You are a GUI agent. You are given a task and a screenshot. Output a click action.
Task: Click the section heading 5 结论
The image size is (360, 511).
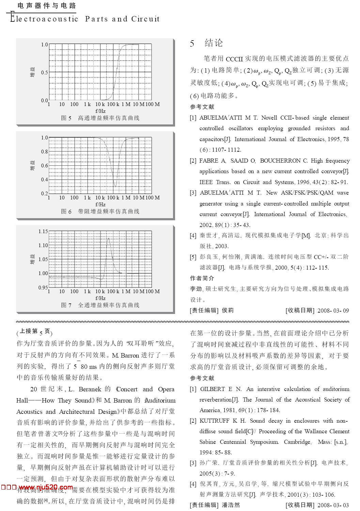206,43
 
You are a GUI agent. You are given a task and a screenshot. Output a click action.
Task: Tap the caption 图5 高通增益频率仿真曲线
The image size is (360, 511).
100,118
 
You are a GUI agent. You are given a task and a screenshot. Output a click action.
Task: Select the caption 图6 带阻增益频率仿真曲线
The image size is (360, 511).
100,212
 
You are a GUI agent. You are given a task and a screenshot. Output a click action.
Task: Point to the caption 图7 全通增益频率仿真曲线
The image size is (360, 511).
100,305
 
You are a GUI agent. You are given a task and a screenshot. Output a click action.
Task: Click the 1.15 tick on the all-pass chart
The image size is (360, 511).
43,231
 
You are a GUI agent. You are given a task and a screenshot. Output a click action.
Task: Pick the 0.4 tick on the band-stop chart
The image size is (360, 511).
45,180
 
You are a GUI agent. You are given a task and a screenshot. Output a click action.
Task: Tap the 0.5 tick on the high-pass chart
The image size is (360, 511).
45,73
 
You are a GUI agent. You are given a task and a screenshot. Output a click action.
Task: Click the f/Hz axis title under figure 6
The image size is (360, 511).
100,204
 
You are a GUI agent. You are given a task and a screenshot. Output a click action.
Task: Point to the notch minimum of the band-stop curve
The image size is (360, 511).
115,186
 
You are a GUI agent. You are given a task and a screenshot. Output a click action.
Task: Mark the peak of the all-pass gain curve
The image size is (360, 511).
108,238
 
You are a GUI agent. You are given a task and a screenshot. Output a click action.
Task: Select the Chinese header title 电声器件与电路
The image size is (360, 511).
47,6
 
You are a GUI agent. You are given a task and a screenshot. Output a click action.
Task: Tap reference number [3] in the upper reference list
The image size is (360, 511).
193,193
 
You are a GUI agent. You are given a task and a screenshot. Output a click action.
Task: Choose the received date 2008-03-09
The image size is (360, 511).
333,311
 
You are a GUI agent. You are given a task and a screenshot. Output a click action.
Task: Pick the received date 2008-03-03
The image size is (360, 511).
333,505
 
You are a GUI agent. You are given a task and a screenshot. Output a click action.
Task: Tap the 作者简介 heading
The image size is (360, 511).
202,279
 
